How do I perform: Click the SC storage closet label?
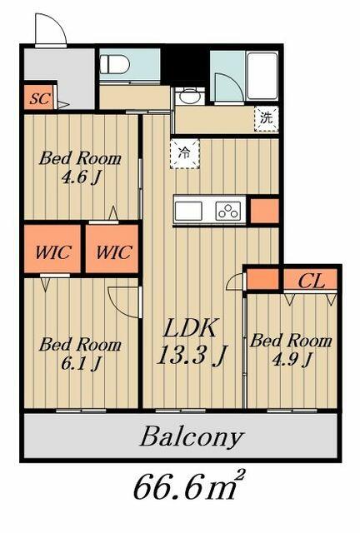(40, 98)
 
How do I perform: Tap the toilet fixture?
(114, 64)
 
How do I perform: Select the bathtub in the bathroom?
(262, 76)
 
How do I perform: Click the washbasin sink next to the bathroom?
(190, 97)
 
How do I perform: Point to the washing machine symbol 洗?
(267, 118)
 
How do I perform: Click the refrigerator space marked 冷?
(184, 153)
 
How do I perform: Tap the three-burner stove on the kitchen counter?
(228, 211)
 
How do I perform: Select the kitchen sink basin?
(188, 211)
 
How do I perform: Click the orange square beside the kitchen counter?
(264, 211)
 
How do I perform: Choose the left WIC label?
(53, 252)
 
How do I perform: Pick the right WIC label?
(113, 252)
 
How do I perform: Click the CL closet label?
(311, 281)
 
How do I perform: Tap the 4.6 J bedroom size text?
(80, 177)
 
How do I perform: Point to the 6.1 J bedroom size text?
(80, 363)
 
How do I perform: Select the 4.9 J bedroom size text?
(291, 359)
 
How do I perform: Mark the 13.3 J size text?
(191, 355)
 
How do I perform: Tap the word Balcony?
(192, 436)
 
